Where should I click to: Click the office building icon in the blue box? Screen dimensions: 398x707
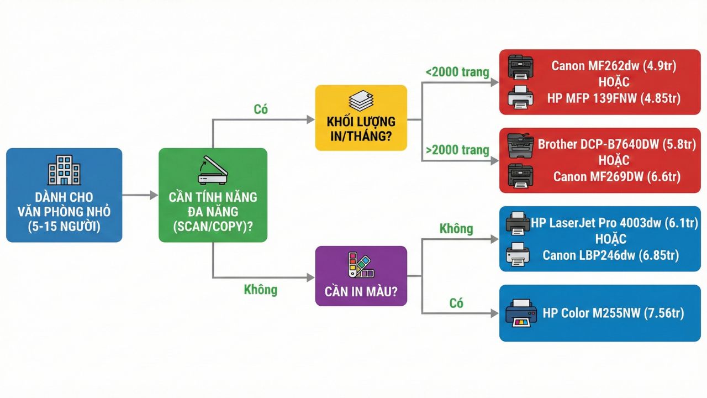click(x=64, y=170)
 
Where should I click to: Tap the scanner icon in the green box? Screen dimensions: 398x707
click(x=213, y=170)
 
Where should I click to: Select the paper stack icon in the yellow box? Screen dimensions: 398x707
click(x=361, y=101)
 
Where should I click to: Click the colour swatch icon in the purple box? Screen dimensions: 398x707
click(x=361, y=264)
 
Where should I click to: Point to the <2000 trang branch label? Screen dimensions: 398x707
click(x=457, y=72)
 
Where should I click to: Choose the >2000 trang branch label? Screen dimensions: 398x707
click(x=457, y=150)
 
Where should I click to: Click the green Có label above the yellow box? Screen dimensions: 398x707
click(x=261, y=109)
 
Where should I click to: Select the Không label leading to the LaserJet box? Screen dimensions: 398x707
click(x=456, y=228)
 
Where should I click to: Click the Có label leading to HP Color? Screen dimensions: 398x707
click(x=456, y=303)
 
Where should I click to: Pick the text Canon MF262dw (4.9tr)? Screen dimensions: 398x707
click(x=614, y=66)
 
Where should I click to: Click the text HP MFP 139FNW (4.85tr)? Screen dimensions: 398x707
click(x=614, y=98)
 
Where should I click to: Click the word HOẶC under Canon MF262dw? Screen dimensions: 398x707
click(x=614, y=82)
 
